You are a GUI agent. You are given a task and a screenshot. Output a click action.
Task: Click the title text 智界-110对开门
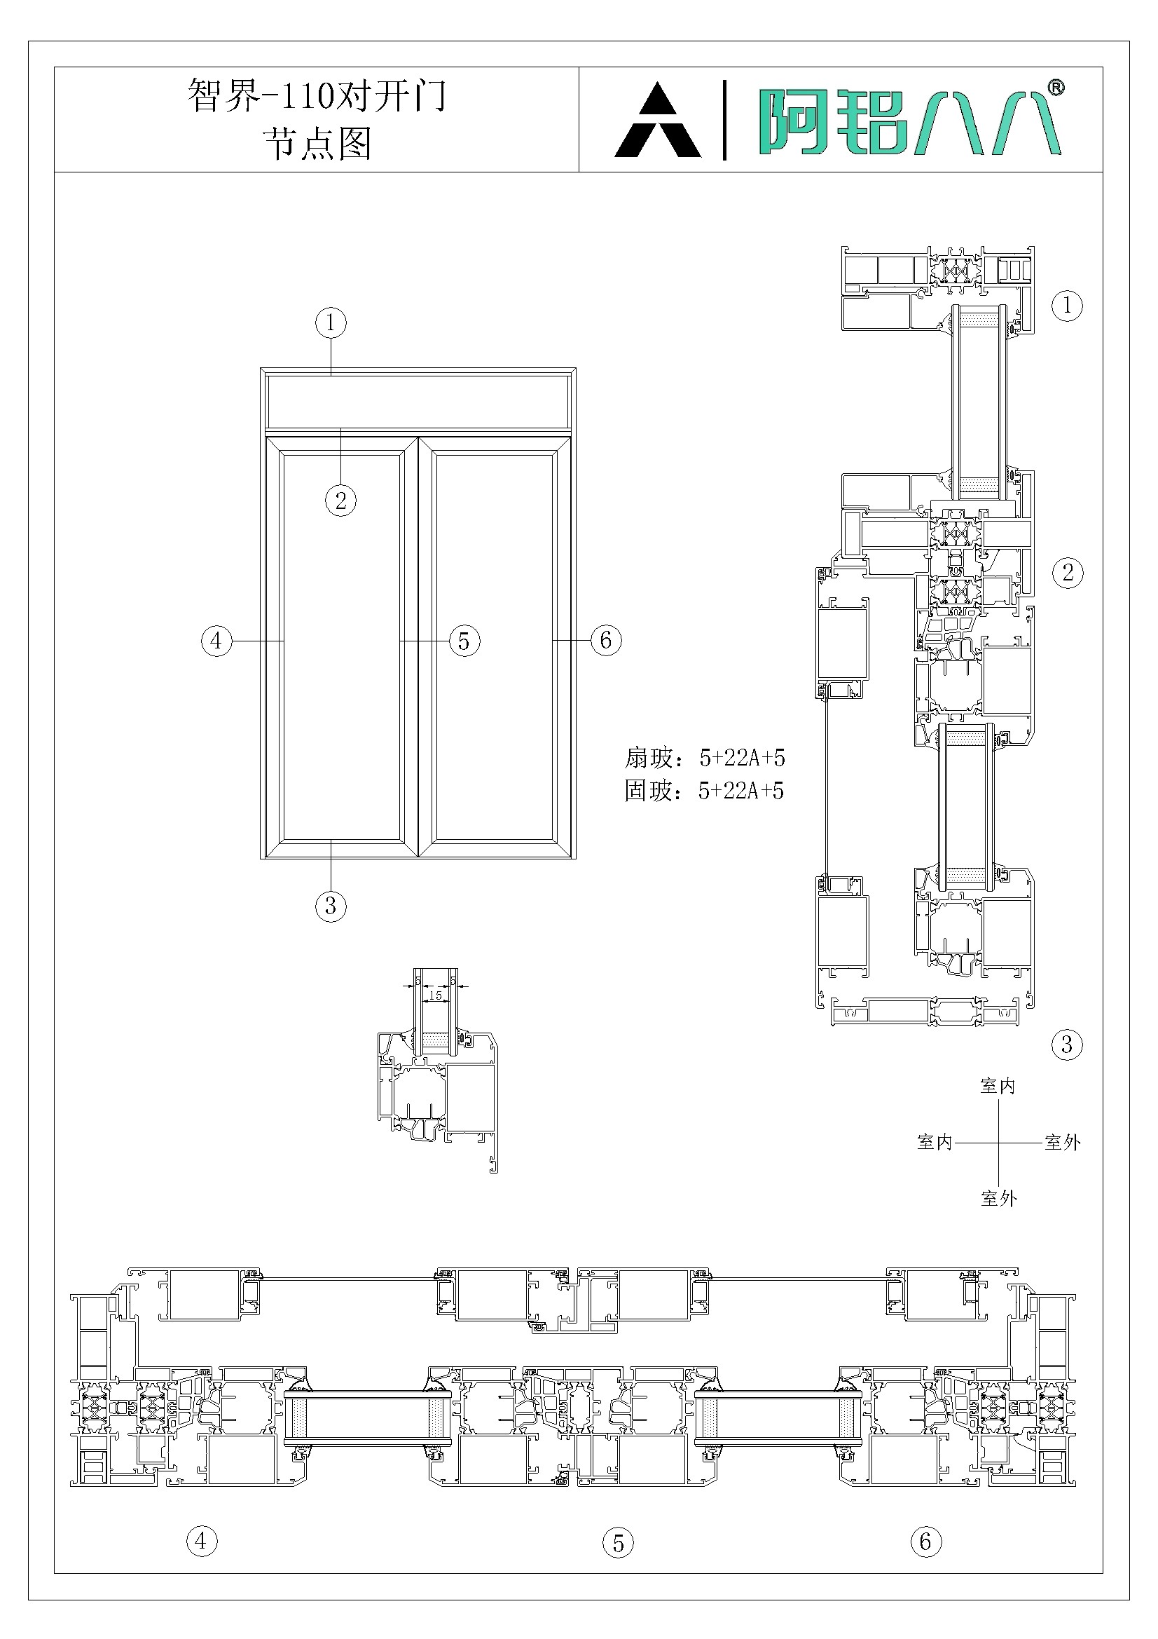[x=317, y=95]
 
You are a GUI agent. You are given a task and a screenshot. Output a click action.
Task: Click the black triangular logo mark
[x=657, y=120]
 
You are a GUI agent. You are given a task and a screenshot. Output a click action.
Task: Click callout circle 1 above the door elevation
[x=331, y=322]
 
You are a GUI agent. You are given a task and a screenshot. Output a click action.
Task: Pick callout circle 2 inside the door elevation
[x=341, y=500]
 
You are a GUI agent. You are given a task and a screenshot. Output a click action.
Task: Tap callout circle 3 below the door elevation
[x=331, y=906]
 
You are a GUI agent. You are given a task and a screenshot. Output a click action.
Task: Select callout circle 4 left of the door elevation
[x=217, y=640]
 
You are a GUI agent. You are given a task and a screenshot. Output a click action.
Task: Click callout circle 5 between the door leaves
[x=464, y=640]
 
